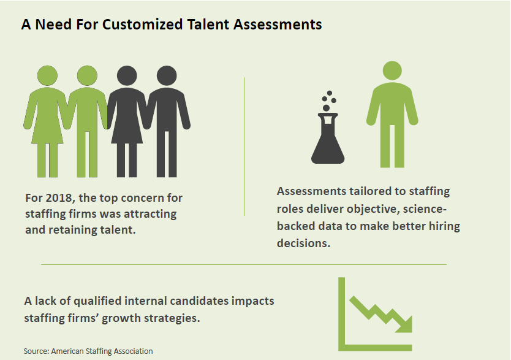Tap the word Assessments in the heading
point(278,25)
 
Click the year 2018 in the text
point(59,197)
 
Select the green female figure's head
point(48,75)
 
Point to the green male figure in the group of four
point(88,121)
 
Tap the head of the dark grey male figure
point(167,75)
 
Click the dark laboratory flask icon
point(328,138)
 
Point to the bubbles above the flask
point(328,101)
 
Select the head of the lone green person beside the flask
point(392,71)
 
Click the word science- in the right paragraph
point(425,209)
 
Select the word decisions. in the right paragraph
point(303,243)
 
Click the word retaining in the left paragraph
point(80,230)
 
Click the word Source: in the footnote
point(36,351)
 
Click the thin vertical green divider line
point(244,147)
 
